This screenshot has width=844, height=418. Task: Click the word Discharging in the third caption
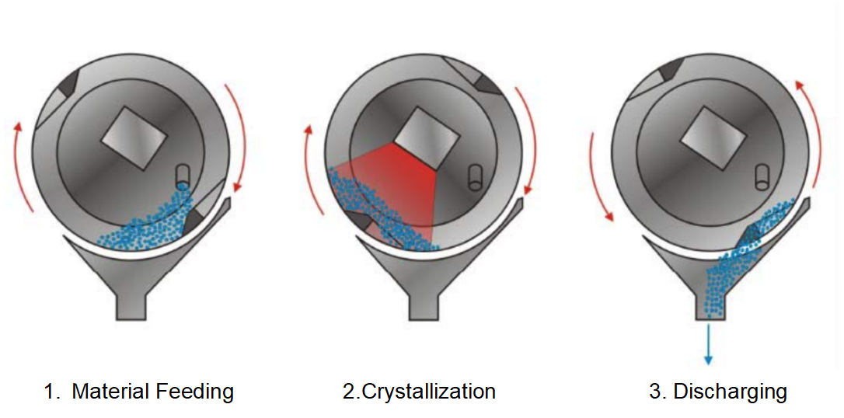[730, 392]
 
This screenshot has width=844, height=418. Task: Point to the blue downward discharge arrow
[708, 343]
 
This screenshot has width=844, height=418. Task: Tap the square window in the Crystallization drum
[423, 137]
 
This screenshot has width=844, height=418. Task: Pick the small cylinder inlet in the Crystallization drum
[476, 176]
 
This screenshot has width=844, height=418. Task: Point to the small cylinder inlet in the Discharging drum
[762, 176]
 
